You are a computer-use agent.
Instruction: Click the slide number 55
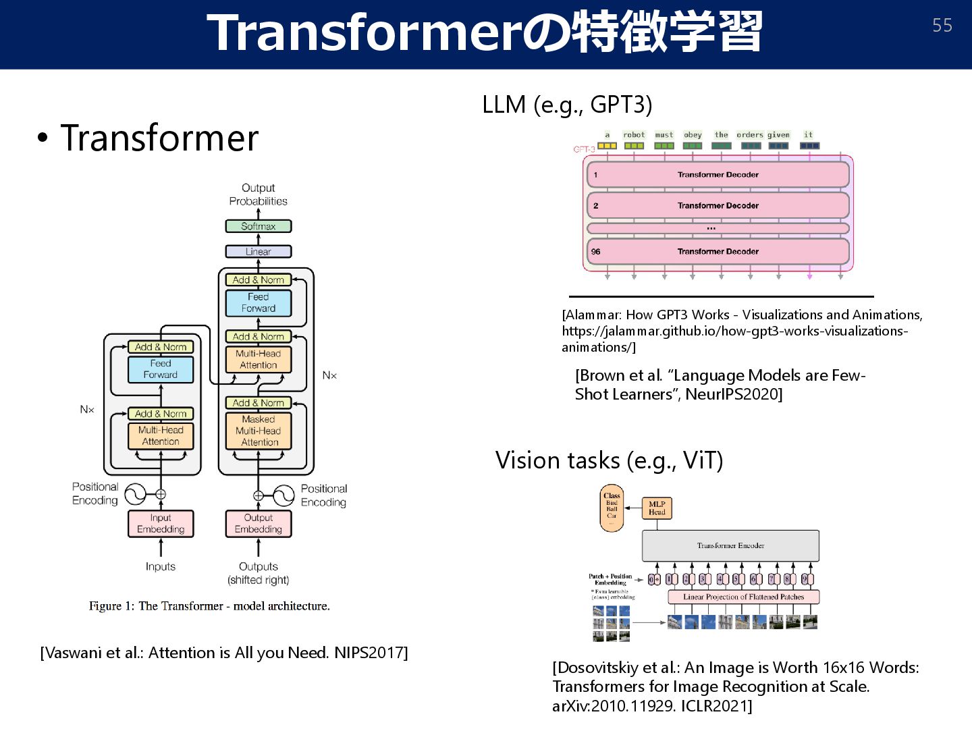942,26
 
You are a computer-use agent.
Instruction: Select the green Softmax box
259,226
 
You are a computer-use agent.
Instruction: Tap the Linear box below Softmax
259,252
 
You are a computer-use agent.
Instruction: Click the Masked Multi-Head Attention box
259,431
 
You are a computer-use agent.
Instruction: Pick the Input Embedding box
161,523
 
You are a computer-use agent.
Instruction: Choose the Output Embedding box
259,523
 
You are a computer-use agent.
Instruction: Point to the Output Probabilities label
258,194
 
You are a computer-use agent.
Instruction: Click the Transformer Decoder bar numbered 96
718,251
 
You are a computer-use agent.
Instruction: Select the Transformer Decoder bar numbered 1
718,174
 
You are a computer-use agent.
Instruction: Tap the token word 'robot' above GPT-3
634,135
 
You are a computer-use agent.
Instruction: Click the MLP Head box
657,508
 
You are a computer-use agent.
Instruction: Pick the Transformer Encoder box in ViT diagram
730,545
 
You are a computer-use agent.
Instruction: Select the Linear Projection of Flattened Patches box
743,597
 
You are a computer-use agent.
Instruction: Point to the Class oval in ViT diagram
612,508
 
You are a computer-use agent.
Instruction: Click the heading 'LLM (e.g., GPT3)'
567,105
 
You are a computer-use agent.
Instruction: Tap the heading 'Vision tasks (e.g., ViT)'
609,460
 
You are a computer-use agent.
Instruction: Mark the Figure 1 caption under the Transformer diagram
209,606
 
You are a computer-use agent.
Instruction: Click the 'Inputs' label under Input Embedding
161,566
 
